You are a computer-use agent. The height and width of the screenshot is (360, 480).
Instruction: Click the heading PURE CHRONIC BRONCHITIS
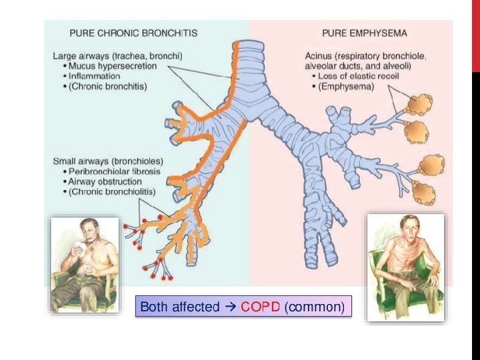tap(134, 32)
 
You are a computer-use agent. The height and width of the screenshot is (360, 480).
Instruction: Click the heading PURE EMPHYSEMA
tap(365, 32)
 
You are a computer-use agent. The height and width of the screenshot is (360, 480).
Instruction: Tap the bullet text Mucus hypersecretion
tap(113, 67)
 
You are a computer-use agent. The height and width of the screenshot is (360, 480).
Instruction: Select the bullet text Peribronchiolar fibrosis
tap(115, 172)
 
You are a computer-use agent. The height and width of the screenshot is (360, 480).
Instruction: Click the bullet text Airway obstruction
tap(105, 181)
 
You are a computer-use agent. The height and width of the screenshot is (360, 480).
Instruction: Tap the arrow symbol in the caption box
tap(230, 307)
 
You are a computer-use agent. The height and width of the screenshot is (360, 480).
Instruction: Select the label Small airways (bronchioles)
tap(107, 162)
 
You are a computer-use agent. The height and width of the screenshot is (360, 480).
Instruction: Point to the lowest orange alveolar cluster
tap(424, 193)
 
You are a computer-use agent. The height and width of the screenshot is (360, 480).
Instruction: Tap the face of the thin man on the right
tap(406, 227)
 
